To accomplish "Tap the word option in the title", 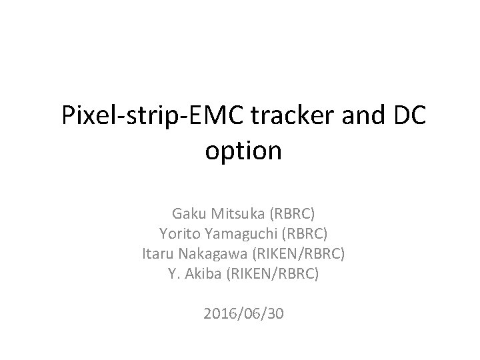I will (x=243, y=151).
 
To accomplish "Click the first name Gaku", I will (x=187, y=215).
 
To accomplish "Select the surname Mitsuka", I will (x=233, y=215).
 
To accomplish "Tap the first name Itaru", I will (x=159, y=254).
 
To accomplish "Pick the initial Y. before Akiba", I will (x=175, y=273).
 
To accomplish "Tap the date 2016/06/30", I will (x=244, y=313).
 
